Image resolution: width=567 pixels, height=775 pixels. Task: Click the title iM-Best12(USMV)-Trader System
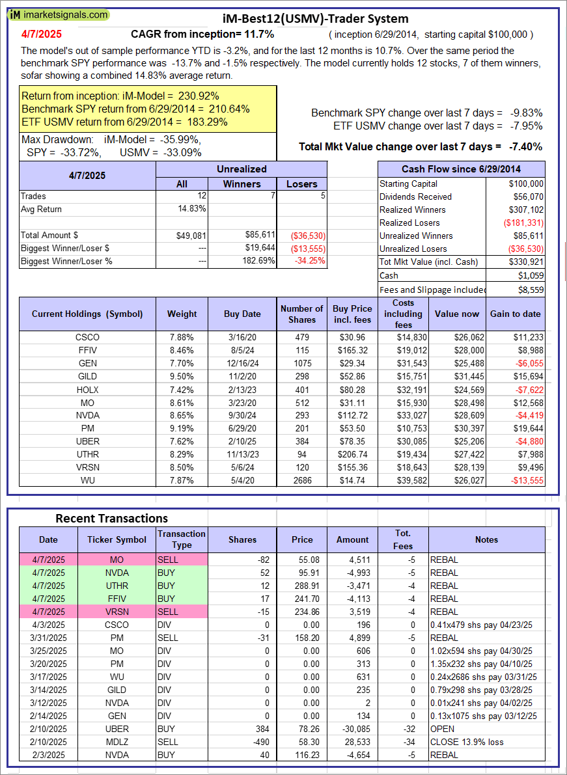click(x=315, y=19)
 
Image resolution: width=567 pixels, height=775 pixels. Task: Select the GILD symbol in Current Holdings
click(x=87, y=376)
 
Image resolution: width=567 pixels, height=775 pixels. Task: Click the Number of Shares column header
click(x=301, y=314)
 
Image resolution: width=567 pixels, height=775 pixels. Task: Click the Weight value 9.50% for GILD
click(x=182, y=376)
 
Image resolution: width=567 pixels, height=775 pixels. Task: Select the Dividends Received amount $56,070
click(x=526, y=197)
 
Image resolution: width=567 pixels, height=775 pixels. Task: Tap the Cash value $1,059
click(x=531, y=275)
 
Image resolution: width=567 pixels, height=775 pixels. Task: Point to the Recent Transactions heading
click(x=111, y=518)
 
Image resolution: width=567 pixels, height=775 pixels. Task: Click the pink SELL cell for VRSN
click(x=182, y=612)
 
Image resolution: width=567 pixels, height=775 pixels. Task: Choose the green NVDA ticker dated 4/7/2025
click(x=117, y=573)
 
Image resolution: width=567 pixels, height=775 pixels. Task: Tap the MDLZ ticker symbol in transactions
click(x=117, y=742)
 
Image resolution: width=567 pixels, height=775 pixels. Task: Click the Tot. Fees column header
click(x=403, y=539)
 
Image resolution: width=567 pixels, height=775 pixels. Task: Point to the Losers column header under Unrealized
click(x=301, y=184)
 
